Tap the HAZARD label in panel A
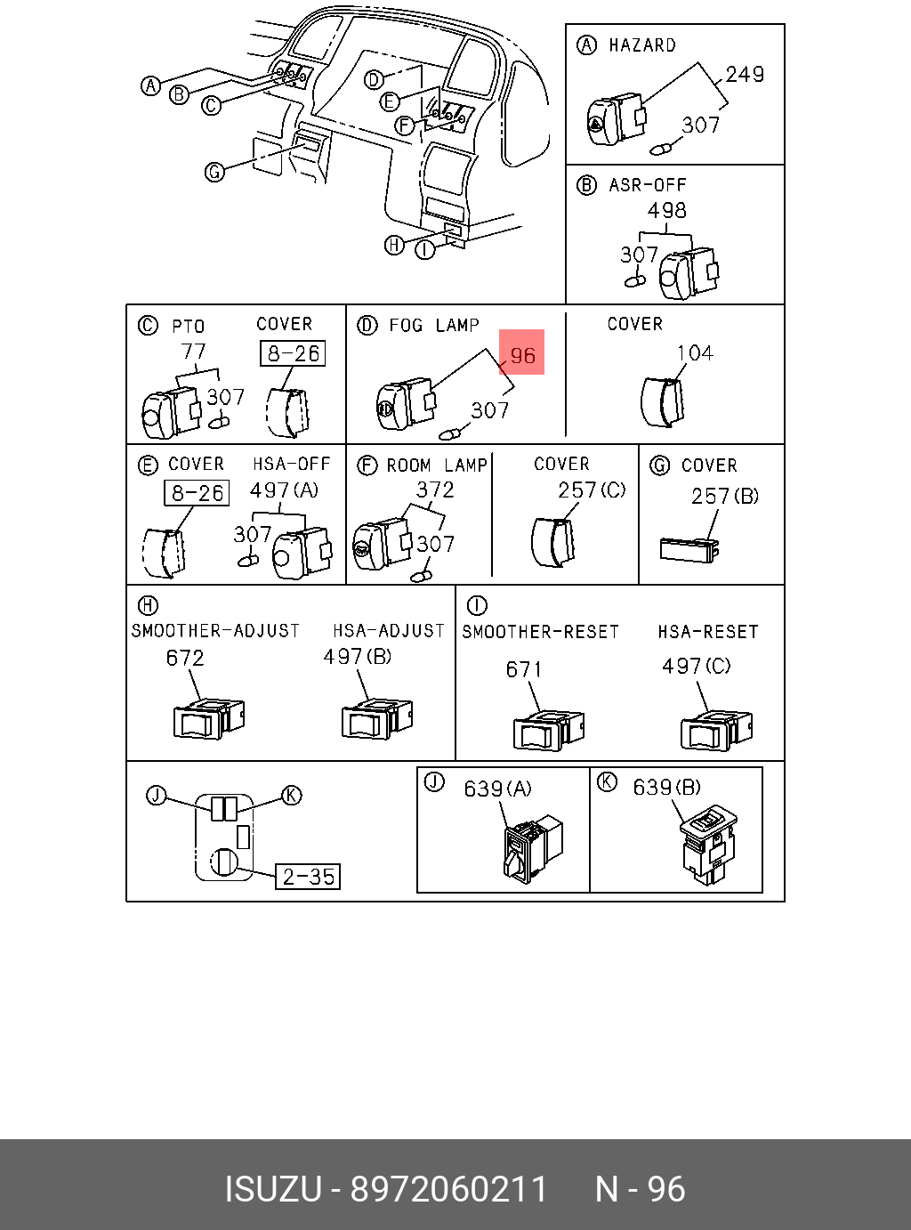pos(641,45)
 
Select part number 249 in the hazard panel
pos(745,75)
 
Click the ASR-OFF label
pos(648,185)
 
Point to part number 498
pos(666,211)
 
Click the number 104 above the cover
pos(694,353)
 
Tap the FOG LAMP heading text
pos(433,326)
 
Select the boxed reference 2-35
pos(308,877)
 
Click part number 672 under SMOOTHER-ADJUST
pos(185,658)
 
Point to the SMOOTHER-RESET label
pos(540,632)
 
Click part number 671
pos(524,669)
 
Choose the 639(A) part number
pos(497,789)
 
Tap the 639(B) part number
pos(666,788)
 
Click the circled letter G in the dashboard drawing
pos(214,171)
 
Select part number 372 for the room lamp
pos(435,490)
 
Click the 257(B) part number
pos(724,497)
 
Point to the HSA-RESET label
pos(708,632)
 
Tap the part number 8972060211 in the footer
pos(449,1189)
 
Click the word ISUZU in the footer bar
pos(272,1189)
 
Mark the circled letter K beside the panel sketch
pos(292,795)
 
